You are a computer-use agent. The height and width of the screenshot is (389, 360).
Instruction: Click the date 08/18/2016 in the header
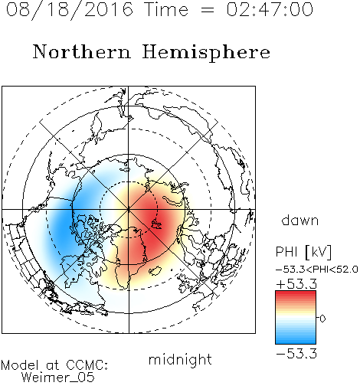[70, 10]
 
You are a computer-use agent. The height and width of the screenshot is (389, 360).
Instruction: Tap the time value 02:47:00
[270, 10]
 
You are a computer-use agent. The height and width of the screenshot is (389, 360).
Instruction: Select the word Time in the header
[166, 10]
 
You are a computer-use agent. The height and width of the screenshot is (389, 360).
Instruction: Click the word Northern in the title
[82, 51]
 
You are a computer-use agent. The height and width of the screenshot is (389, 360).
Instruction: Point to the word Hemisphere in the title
[206, 53]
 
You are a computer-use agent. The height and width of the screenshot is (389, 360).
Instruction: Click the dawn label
[300, 220]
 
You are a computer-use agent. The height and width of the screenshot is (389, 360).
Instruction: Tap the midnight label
[180, 359]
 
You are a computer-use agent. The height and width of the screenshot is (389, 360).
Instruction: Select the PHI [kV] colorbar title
[303, 252]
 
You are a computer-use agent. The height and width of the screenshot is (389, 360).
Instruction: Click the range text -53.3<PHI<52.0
[317, 270]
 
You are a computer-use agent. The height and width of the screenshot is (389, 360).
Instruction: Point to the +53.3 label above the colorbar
[296, 283]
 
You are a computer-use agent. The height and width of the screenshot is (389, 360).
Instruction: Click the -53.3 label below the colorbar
[296, 354]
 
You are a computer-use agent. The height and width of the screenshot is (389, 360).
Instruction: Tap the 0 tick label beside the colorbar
[322, 319]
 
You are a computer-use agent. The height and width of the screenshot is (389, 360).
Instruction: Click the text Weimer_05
[58, 378]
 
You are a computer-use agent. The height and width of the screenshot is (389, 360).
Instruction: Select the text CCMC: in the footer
[87, 365]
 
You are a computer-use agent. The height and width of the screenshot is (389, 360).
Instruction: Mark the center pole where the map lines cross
[129, 210]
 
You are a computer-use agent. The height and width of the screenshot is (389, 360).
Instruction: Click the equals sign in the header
[208, 10]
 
